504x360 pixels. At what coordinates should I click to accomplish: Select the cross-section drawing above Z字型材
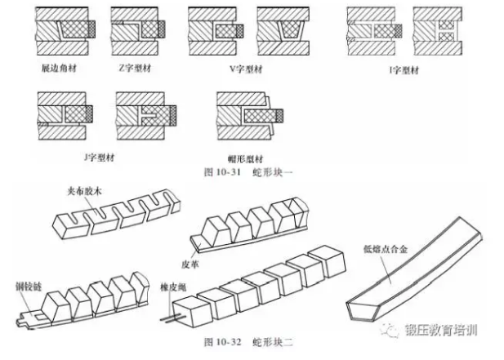(137, 30)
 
